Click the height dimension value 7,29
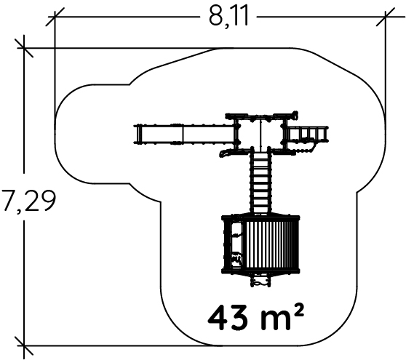point(28,200)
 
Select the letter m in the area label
point(274,321)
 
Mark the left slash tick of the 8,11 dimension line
point(55,17)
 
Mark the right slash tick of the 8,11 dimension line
point(386,17)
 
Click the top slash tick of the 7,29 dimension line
point(24,48)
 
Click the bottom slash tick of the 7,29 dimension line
point(24,345)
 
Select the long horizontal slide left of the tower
point(185,134)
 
